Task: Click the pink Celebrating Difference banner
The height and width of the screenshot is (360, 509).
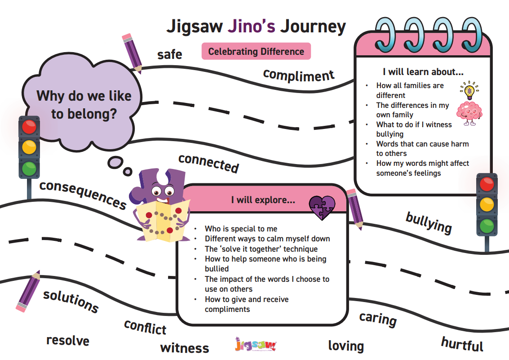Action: tap(256, 51)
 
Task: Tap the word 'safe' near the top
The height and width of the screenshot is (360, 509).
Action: tap(170, 54)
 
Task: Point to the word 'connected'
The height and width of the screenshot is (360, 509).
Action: tap(209, 163)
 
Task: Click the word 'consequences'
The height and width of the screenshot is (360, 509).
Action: tap(83, 194)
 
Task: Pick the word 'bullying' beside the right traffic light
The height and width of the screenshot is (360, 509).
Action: tap(429, 222)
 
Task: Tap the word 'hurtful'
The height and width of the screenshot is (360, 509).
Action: tap(462, 344)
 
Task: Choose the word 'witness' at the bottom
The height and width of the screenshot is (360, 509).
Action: tap(185, 348)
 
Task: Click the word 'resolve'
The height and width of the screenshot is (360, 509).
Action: tap(68, 341)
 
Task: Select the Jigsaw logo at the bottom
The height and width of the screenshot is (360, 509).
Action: tap(256, 345)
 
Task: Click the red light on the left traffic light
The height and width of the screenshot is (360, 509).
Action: tap(29, 127)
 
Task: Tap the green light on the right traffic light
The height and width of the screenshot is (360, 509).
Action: tap(487, 226)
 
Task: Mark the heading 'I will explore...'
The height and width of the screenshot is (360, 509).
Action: tap(263, 200)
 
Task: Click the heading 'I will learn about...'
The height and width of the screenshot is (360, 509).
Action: tap(423, 72)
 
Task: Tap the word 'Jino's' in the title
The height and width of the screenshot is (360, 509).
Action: tap(251, 27)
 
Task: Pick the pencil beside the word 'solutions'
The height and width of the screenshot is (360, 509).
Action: tap(29, 291)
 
